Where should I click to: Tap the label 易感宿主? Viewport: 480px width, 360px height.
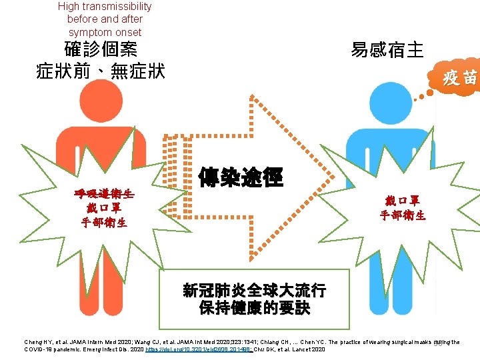[387, 50]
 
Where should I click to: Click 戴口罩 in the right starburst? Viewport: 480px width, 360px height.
[402, 201]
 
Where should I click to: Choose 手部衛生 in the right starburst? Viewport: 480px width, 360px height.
[402, 215]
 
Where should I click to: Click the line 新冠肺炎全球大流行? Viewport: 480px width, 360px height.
[254, 291]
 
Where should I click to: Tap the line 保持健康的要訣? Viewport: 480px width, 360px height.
[254, 308]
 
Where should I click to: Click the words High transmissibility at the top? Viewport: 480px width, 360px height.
[105, 7]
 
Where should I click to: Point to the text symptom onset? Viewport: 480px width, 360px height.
[105, 32]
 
